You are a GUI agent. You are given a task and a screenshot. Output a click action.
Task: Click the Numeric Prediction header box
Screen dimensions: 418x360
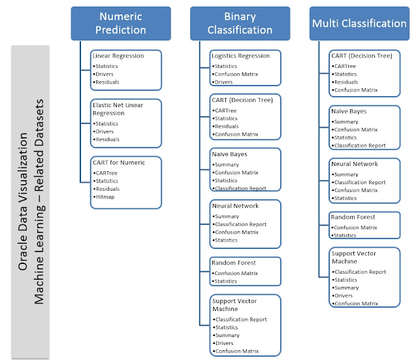pos(121,24)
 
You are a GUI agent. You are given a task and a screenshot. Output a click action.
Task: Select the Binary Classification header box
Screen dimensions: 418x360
pos(240,24)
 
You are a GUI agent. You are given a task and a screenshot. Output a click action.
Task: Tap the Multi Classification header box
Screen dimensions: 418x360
pos(359,24)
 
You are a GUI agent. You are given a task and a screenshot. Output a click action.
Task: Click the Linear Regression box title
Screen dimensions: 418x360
pos(118,56)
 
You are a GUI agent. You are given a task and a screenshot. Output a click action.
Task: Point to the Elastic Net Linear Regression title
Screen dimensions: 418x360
pos(118,109)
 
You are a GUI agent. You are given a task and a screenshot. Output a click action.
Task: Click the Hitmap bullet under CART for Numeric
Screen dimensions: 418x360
pos(104,197)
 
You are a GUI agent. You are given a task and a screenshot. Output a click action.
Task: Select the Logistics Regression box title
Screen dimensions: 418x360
pos(240,56)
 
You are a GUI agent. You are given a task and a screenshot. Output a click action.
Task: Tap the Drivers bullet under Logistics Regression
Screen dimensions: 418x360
pos(222,82)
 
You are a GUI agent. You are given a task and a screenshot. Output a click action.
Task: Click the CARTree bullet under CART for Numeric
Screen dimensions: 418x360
pos(105,173)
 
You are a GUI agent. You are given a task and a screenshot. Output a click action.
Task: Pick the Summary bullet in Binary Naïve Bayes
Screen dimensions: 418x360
pos(225,165)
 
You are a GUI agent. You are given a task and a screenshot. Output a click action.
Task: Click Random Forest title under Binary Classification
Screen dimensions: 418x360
pos(234,263)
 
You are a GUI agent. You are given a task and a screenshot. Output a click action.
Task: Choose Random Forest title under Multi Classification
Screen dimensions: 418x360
pos(353,217)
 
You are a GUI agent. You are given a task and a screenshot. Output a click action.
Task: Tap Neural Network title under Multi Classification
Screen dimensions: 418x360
pos(354,164)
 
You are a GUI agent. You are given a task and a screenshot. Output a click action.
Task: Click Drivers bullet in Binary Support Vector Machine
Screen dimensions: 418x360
pos(223,343)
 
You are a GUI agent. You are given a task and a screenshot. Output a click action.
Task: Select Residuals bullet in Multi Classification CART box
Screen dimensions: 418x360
pos(345,82)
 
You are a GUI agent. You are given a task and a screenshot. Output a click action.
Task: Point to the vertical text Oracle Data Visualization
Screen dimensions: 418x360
pos(23,202)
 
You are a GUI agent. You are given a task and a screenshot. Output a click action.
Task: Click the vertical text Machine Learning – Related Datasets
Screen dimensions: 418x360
pos(39,202)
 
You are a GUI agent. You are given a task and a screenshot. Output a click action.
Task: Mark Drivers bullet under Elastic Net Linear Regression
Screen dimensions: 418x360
pos(103,131)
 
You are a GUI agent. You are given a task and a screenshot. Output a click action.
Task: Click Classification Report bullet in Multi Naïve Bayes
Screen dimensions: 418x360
pos(359,146)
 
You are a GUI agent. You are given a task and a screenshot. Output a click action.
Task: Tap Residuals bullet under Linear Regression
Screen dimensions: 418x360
pos(106,82)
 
